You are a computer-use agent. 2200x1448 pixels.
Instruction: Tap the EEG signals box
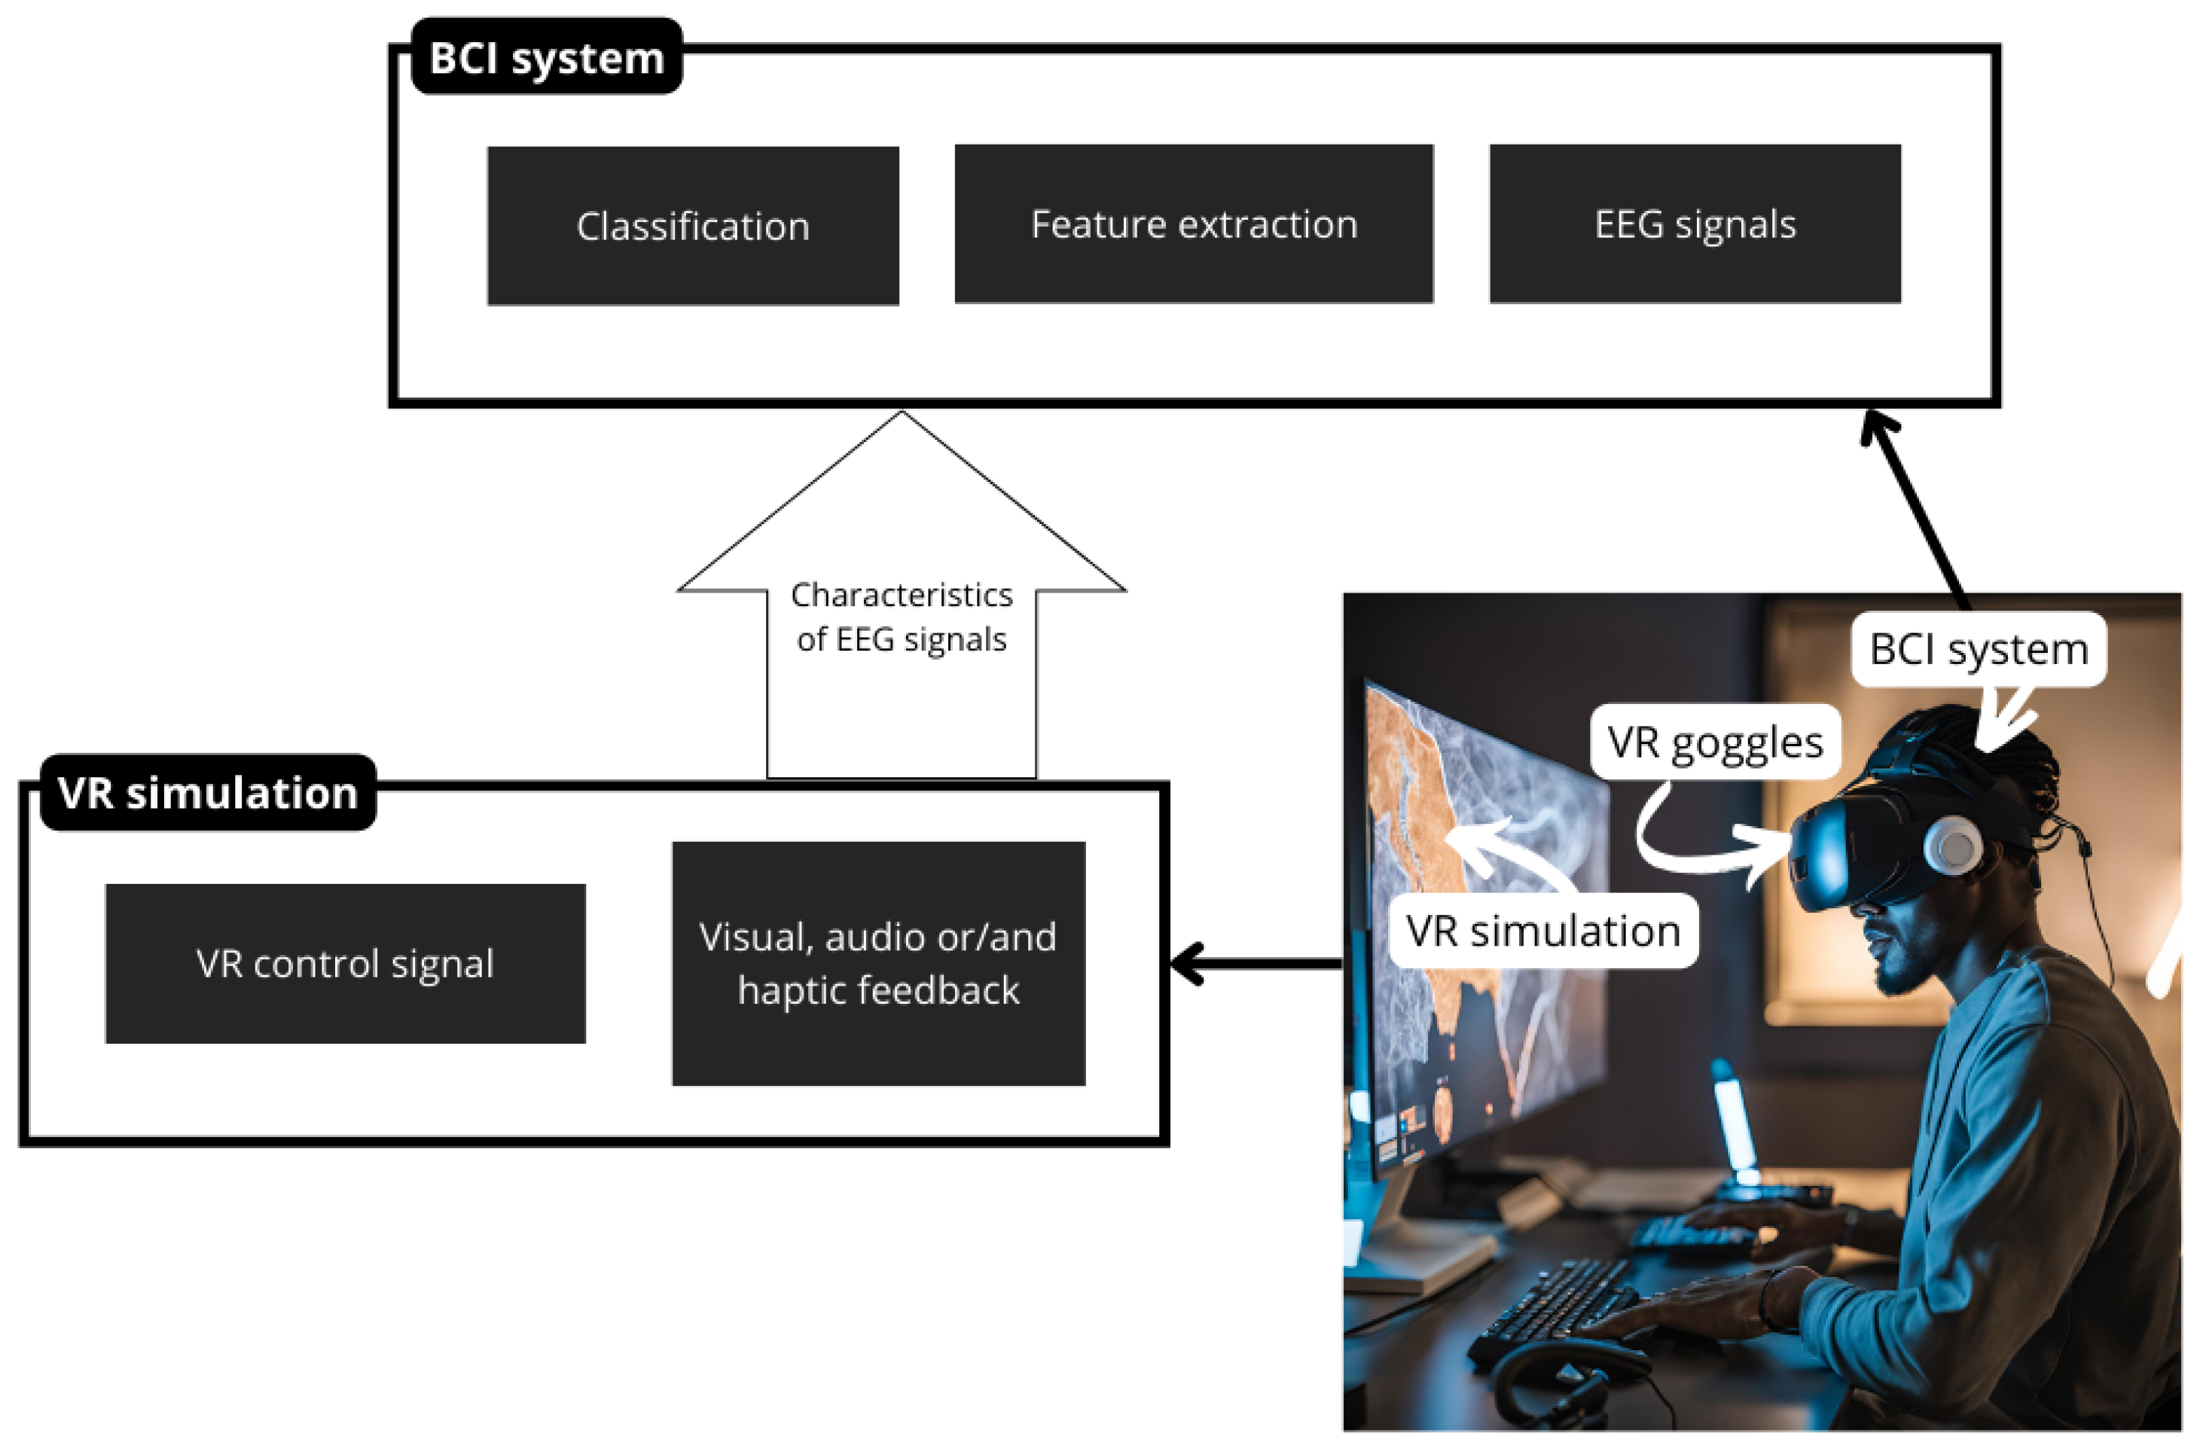[x=1695, y=224]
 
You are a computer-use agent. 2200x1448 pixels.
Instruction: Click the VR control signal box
[x=345, y=964]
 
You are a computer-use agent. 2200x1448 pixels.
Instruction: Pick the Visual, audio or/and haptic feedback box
[x=878, y=963]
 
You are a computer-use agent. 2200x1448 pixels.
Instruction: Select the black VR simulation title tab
[x=208, y=793]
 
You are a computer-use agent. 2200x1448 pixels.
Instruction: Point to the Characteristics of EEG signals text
[x=902, y=617]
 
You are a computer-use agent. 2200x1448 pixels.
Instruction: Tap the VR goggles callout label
[x=1715, y=742]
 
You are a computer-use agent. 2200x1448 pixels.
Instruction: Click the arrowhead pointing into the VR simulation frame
[x=1188, y=964]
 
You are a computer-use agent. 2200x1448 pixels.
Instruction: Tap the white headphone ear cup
[x=1952, y=846]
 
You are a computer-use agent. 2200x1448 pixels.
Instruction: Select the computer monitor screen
[x=1479, y=924]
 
